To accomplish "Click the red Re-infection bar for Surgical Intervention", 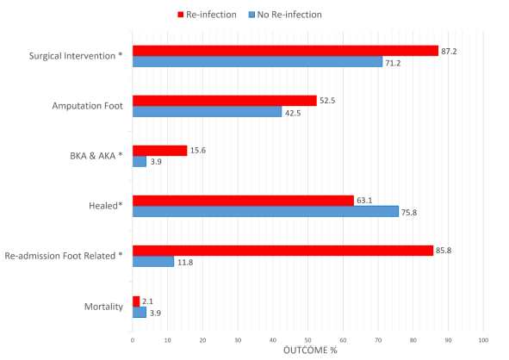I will pyautogui.click(x=285, y=51).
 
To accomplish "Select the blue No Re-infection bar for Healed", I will pyautogui.click(x=265, y=212).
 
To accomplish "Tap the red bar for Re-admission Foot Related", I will pyautogui.click(x=282, y=250).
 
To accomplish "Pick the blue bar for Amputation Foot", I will pyautogui.click(x=207, y=112).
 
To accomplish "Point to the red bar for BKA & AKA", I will pyautogui.click(x=159, y=151).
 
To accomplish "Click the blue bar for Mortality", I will pyautogui.click(x=139, y=313).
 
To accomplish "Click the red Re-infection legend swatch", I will pyautogui.click(x=181, y=15).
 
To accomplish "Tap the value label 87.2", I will pyautogui.click(x=450, y=51).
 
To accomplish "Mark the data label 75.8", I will pyautogui.click(x=410, y=212).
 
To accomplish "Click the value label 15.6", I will pyautogui.click(x=198, y=151).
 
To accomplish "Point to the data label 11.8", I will pyautogui.click(x=185, y=262).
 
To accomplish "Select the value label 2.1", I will pyautogui.click(x=148, y=301).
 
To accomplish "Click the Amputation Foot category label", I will pyautogui.click(x=86, y=106).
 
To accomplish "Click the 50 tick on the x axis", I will pyautogui.click(x=307, y=341).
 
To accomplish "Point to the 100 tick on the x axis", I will pyautogui.click(x=483, y=341).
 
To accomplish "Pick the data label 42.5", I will pyautogui.click(x=293, y=112).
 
